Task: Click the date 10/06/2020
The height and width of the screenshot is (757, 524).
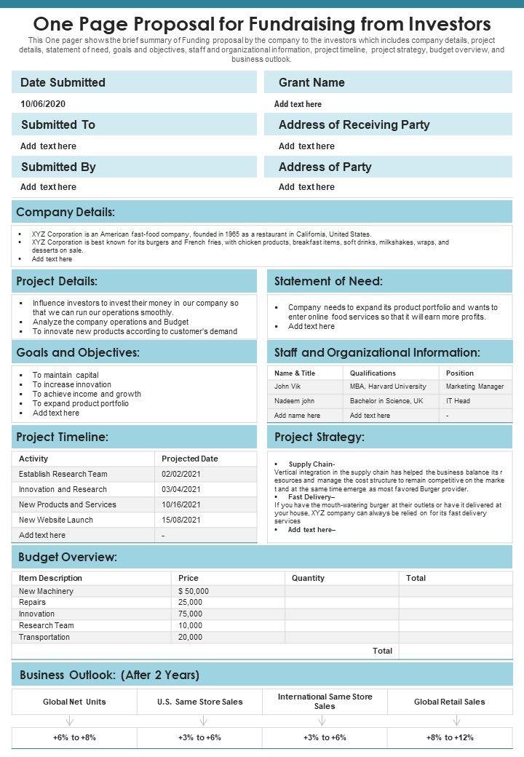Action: [x=43, y=104]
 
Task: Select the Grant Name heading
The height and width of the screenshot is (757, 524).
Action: [x=311, y=82]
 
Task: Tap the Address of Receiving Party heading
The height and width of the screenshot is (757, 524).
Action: [x=354, y=124]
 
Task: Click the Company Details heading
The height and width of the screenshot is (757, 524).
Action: [x=65, y=212]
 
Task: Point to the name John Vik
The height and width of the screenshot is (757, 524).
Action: [x=287, y=387]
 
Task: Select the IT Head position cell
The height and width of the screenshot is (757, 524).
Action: [x=458, y=401]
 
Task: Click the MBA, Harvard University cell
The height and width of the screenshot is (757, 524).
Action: [x=388, y=387]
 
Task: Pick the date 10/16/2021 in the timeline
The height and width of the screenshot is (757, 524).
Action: [x=181, y=504]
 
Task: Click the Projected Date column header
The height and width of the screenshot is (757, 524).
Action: [x=189, y=459]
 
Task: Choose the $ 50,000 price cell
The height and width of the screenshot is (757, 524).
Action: [x=194, y=591]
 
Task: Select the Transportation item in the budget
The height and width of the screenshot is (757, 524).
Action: [x=44, y=637]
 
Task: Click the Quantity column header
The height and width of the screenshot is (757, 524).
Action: [x=308, y=578]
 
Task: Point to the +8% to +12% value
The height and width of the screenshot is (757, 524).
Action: [x=450, y=737]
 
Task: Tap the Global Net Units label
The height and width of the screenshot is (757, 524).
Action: [x=74, y=702]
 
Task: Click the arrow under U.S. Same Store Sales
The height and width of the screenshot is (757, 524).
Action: [x=203, y=721]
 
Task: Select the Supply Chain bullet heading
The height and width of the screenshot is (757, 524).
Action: [x=311, y=464]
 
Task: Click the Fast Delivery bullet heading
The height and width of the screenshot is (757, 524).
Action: [x=311, y=497]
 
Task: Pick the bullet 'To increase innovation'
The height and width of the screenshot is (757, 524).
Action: [x=72, y=384]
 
